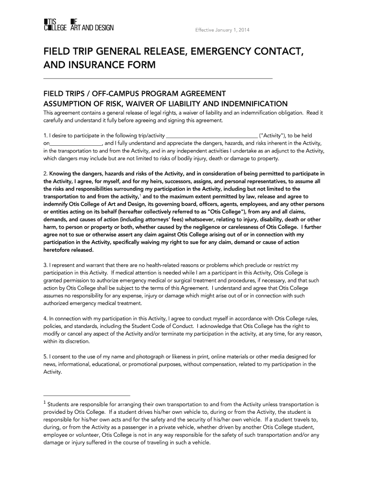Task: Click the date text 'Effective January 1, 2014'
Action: pos(222,31)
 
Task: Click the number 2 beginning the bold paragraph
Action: pos(45,174)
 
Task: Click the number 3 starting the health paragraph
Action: pos(45,265)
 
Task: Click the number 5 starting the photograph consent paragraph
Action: pos(45,357)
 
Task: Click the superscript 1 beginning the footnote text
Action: pos(45,403)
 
